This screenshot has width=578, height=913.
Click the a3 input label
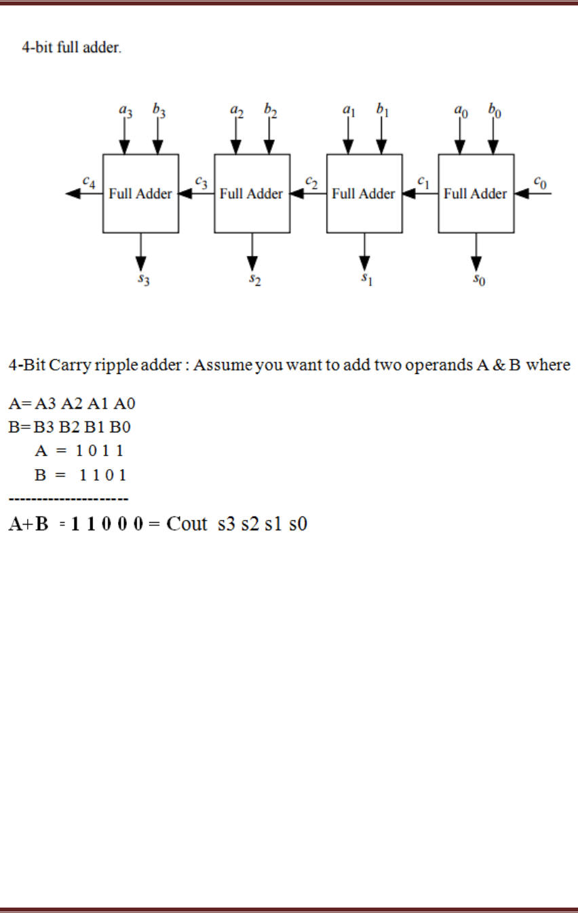pos(126,111)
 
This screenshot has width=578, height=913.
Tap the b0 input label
pos(495,111)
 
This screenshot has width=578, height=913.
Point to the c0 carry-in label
pos(539,181)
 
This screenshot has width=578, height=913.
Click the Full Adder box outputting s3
pos(140,193)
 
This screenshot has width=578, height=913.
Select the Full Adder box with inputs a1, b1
pos(364,193)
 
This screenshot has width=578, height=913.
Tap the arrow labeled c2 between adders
pos(308,193)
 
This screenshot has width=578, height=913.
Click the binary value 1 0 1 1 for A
pos(98,450)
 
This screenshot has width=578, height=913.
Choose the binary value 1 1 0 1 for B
pos(102,475)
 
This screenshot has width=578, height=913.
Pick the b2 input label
pos(271,111)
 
